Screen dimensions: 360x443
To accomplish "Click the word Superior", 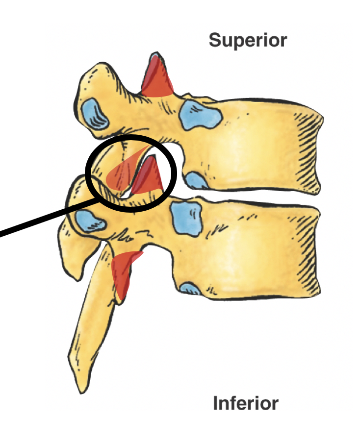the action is (247, 40).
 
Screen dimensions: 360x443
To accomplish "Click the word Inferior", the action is (245, 404).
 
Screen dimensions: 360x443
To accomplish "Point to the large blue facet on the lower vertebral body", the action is (186, 218).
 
